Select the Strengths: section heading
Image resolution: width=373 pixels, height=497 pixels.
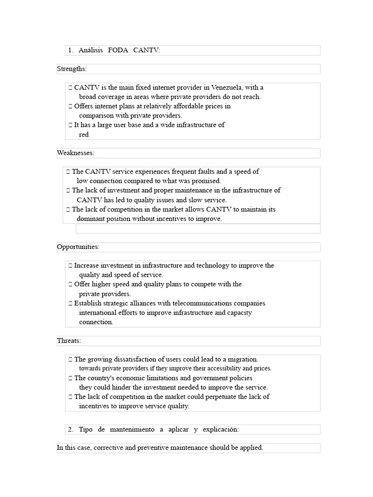pyautogui.click(x=71, y=69)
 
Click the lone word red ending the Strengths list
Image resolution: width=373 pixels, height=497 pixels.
pyautogui.click(x=84, y=134)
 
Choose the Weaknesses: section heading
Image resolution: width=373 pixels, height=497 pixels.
pyautogui.click(x=75, y=153)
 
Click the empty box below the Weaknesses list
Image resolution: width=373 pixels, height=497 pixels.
pyautogui.click(x=198, y=229)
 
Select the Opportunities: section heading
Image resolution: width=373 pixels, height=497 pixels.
pyautogui.click(x=78, y=247)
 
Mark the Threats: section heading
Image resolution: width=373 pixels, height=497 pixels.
pyautogui.click(x=69, y=341)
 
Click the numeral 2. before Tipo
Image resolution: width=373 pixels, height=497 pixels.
pyautogui.click(x=70, y=429)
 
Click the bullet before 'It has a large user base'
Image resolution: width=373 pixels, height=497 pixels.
pyautogui.click(x=70, y=125)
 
